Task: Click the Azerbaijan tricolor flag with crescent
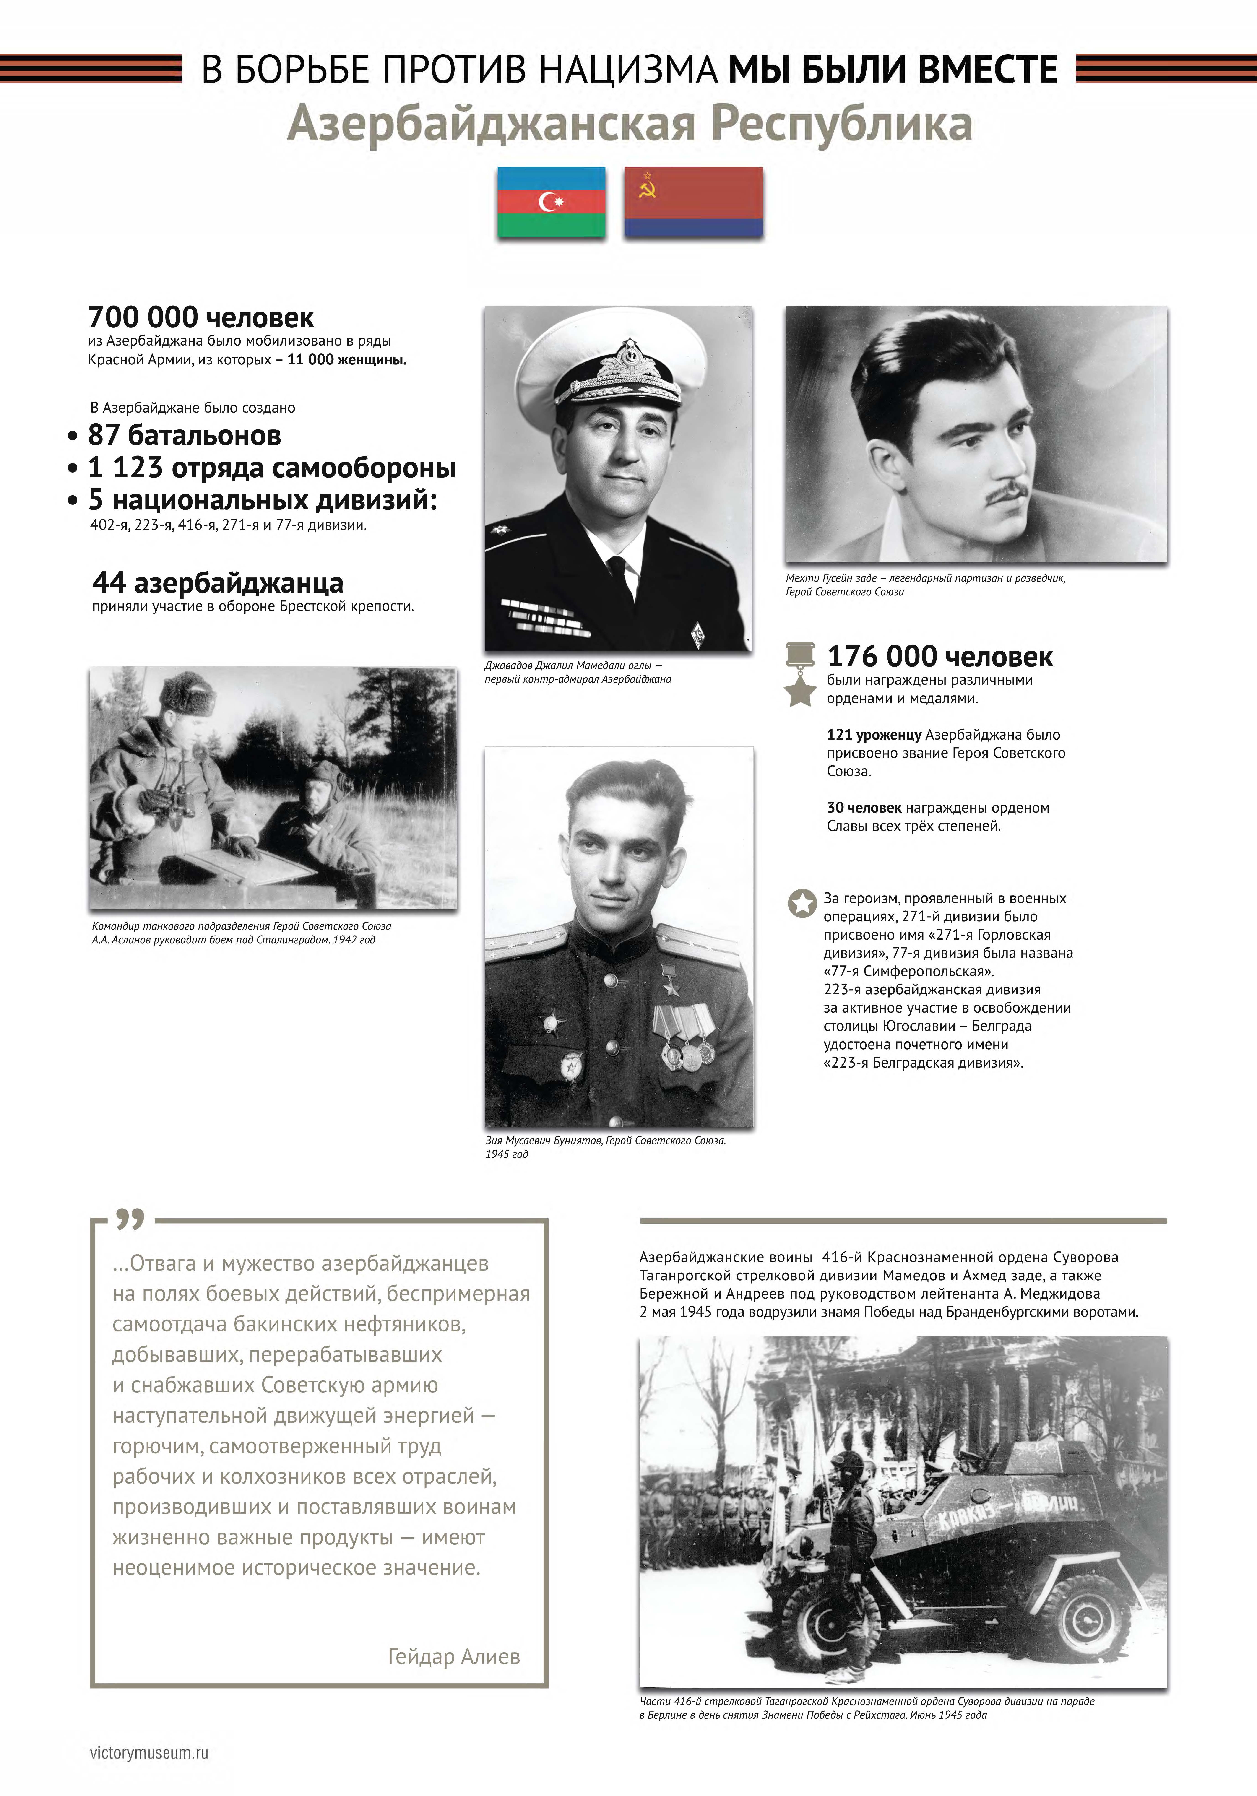(x=552, y=202)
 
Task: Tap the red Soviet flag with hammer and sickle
(x=693, y=202)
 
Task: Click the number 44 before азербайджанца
(x=109, y=583)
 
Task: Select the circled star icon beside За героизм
(x=802, y=904)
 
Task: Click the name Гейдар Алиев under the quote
(x=454, y=1656)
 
